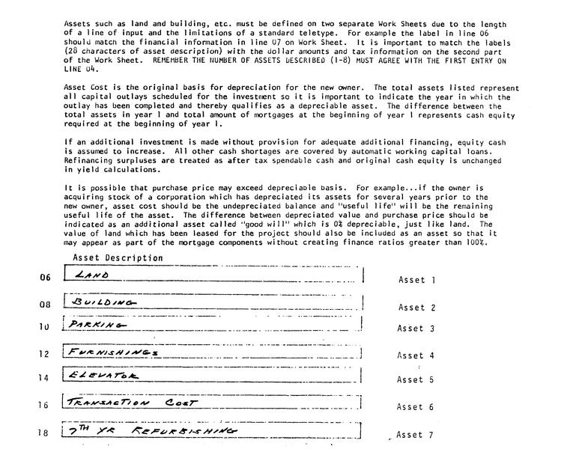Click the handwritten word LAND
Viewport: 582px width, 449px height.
point(94,275)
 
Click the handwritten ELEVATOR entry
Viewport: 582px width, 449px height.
point(103,376)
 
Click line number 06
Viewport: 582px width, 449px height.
point(44,278)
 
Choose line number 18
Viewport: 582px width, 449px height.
point(44,433)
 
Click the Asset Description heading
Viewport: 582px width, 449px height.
point(118,258)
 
